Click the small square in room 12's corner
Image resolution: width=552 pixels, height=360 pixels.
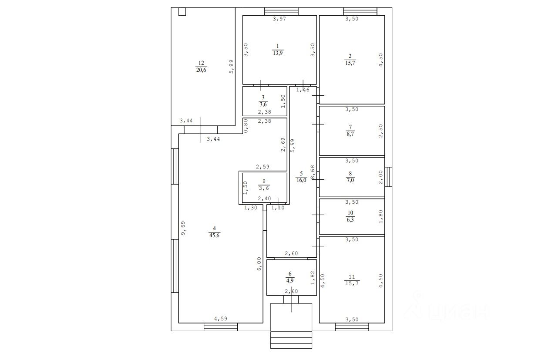point(182,12)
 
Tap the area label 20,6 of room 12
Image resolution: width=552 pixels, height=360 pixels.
point(201,70)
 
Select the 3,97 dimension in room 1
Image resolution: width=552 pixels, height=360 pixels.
point(279,19)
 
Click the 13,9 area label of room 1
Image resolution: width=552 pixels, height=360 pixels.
point(278,53)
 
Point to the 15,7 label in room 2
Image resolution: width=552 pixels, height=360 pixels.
point(350,63)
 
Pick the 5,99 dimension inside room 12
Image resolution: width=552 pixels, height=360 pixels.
point(231,67)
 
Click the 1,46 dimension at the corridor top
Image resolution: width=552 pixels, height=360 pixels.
point(303,90)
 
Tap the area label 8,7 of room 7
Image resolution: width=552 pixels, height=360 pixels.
point(350,134)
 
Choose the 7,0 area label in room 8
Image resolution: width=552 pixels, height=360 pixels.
point(350,180)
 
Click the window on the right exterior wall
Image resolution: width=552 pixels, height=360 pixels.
point(388,177)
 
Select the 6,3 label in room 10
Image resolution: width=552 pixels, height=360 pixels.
point(350,219)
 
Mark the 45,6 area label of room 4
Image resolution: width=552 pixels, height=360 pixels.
point(214,236)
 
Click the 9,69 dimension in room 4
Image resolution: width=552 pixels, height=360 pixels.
point(183,228)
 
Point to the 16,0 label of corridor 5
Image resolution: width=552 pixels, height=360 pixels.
point(301,180)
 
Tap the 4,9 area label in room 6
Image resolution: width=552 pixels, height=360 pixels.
point(290,281)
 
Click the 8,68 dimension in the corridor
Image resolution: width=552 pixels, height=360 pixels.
point(313,172)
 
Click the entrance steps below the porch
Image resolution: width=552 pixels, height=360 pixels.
point(291,340)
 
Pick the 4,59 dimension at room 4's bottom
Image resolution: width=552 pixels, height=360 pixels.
point(221,319)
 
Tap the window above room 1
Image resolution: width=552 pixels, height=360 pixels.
point(281,11)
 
